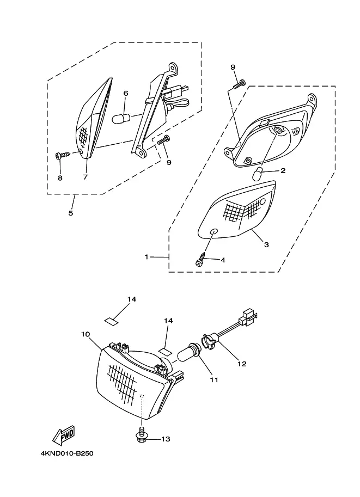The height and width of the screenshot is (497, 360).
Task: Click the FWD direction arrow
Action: point(63,434)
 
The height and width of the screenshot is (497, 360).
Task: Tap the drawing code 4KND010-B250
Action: point(67,453)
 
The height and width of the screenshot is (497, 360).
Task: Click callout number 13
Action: point(166,439)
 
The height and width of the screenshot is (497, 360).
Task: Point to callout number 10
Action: point(86,334)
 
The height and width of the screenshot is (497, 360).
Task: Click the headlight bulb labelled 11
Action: point(190,352)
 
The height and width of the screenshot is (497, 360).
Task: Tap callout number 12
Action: point(242,364)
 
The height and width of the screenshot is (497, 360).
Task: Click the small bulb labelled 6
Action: point(121,119)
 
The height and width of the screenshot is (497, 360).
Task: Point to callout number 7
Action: point(86,177)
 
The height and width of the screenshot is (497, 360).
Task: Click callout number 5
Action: point(71,213)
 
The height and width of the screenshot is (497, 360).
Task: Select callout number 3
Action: point(266,244)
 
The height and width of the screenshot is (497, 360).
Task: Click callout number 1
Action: point(147,257)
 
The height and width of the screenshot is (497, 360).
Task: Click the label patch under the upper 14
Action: point(111,321)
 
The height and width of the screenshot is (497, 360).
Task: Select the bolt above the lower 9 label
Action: point(164,139)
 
